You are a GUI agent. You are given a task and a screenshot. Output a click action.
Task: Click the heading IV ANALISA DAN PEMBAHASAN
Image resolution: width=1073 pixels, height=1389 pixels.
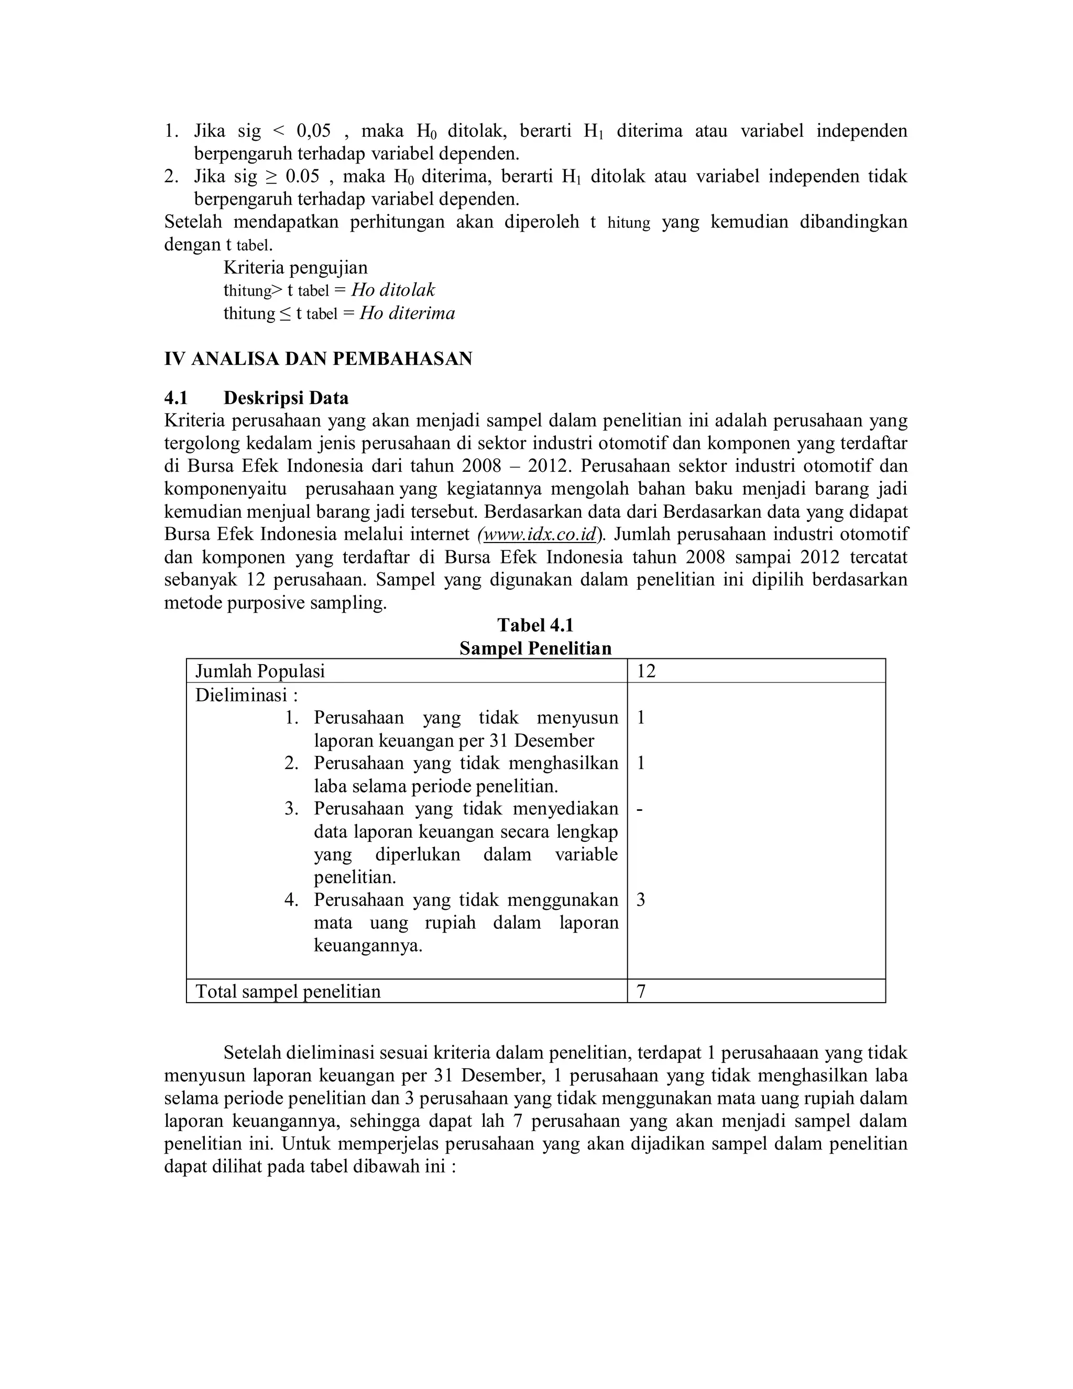(318, 359)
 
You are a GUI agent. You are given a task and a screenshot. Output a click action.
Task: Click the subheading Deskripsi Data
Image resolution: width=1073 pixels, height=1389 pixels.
(286, 398)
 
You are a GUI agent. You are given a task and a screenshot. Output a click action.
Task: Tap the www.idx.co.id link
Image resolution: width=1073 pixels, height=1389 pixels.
(539, 534)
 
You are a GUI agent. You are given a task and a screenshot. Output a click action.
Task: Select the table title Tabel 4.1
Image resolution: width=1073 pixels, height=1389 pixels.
(535, 625)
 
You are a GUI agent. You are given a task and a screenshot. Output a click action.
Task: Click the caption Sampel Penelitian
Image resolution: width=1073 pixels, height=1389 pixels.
(535, 648)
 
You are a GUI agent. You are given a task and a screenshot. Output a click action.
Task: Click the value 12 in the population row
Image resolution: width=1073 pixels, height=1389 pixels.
(646, 671)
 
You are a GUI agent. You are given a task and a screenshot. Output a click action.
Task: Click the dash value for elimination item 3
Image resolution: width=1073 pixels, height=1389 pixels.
(640, 809)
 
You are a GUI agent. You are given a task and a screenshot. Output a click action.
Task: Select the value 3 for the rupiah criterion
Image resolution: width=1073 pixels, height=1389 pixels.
(641, 900)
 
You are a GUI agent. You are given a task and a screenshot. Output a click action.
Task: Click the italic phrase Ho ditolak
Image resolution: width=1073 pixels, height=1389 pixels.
(393, 290)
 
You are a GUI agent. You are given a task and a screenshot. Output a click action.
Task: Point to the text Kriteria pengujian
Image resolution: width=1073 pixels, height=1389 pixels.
(295, 267)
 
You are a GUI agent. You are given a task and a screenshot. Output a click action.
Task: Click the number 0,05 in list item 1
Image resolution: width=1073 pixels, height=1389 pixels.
(314, 131)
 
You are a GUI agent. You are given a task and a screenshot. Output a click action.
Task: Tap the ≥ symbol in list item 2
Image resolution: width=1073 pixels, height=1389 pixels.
(271, 176)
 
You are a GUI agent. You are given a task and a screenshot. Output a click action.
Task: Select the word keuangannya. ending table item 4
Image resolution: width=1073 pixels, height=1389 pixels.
(368, 946)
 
